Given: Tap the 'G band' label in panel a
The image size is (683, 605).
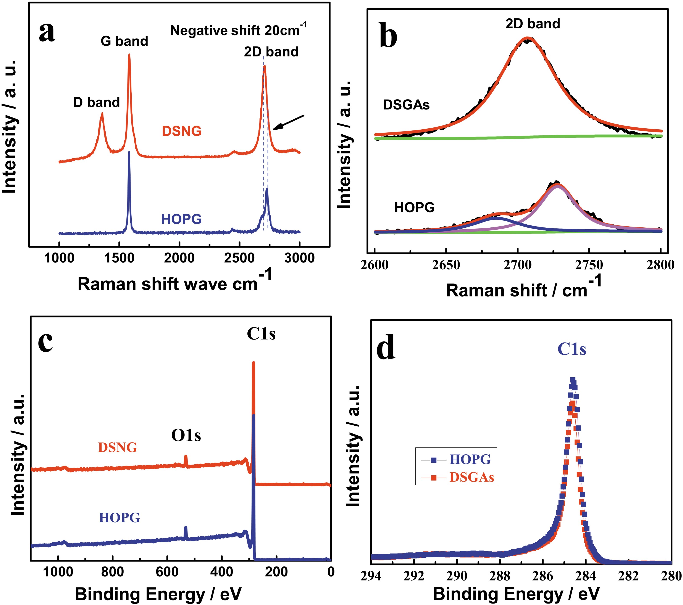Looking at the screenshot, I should (124, 41).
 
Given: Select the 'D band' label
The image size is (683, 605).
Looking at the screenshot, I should (96, 102).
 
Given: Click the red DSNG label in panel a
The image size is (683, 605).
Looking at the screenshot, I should (182, 131).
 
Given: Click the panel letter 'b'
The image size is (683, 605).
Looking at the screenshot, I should (388, 36).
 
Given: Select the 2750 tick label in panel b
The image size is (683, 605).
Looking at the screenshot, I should (589, 265).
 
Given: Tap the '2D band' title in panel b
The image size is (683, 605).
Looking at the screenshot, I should (532, 24).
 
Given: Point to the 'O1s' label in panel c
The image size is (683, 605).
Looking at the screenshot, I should (186, 435).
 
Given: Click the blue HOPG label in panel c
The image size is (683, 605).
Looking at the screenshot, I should (119, 517).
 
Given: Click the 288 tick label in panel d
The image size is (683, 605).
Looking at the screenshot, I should (500, 576).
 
